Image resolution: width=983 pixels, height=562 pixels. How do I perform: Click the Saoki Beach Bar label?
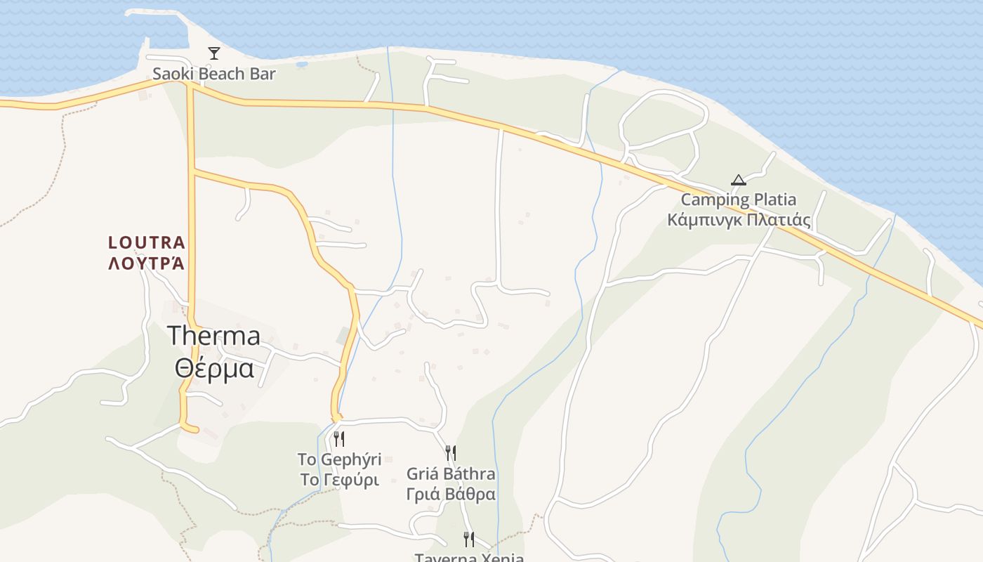pyautogui.click(x=214, y=74)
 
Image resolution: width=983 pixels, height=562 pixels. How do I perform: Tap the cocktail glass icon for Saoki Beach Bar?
pyautogui.click(x=214, y=53)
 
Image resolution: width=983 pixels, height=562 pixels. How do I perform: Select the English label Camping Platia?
pyautogui.click(x=739, y=200)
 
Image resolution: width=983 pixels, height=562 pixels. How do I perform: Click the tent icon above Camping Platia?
pyautogui.click(x=738, y=180)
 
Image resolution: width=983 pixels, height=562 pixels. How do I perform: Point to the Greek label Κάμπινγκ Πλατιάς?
pyautogui.click(x=739, y=221)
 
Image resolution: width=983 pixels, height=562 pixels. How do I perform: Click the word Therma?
pyautogui.click(x=213, y=336)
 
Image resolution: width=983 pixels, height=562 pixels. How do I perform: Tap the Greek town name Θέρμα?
pyautogui.click(x=213, y=367)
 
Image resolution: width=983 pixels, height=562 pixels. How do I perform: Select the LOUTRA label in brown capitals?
pyautogui.click(x=147, y=243)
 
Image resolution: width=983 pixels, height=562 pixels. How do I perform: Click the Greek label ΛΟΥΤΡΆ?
pyautogui.click(x=147, y=263)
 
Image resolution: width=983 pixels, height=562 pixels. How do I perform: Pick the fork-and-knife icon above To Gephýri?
pyautogui.click(x=339, y=440)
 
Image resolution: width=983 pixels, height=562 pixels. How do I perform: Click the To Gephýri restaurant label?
pyautogui.click(x=339, y=460)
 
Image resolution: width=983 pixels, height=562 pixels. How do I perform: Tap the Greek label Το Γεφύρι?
pyautogui.click(x=339, y=481)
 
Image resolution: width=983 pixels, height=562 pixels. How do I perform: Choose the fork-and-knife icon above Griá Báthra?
pyautogui.click(x=451, y=453)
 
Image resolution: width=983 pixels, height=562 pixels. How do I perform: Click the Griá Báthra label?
pyautogui.click(x=451, y=473)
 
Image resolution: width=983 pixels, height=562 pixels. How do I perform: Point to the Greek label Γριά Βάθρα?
pyautogui.click(x=451, y=494)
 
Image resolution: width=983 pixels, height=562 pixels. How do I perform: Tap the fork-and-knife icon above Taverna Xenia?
pyautogui.click(x=469, y=540)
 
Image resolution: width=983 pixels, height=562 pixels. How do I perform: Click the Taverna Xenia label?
pyautogui.click(x=469, y=558)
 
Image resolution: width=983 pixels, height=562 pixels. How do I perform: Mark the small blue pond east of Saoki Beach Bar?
pyautogui.click(x=302, y=64)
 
